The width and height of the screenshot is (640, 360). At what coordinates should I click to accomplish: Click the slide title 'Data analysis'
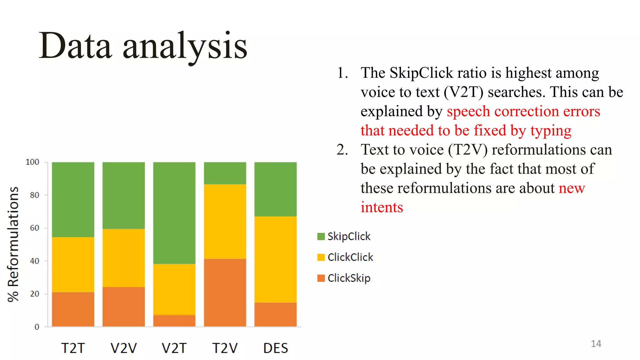tap(143, 46)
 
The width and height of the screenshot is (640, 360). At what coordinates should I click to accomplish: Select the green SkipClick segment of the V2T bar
tap(174, 212)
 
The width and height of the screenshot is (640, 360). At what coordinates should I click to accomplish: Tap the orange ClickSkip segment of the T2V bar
tap(225, 292)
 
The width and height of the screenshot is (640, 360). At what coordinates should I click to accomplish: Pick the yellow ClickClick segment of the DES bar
tap(275, 259)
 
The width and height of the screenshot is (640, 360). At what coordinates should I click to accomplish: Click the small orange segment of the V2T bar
tap(174, 321)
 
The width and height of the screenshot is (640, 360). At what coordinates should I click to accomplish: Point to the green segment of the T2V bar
tap(225, 173)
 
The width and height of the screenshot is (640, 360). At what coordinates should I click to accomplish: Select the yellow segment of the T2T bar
tap(73, 264)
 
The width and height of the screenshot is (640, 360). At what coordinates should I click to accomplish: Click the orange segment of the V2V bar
tap(123, 307)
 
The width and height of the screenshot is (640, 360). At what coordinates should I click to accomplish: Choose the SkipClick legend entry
tap(344, 236)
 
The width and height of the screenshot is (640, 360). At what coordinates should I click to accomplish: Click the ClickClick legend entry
tap(345, 257)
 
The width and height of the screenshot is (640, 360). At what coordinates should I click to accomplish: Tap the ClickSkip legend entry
tap(344, 278)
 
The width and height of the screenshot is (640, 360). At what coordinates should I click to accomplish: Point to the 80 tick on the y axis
tap(35, 195)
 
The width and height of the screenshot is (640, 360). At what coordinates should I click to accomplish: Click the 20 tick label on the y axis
tap(35, 294)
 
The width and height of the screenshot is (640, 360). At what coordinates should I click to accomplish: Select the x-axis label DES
tap(275, 348)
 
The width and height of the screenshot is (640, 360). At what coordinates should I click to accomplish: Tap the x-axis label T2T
tap(73, 348)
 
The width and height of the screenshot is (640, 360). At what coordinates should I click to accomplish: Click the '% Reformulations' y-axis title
tap(13, 244)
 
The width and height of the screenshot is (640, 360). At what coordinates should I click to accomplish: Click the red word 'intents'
tap(382, 207)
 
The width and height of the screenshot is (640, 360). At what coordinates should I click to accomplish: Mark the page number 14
tap(596, 344)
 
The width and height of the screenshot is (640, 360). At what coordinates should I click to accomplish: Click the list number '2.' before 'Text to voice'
tap(342, 150)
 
